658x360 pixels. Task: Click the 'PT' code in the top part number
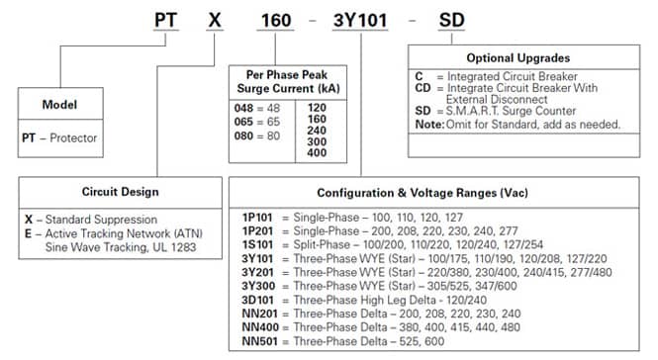point(166,20)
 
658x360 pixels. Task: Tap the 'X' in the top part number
point(215,20)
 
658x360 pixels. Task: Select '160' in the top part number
point(276,20)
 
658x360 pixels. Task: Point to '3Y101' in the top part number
point(360,20)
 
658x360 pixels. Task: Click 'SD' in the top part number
point(451,20)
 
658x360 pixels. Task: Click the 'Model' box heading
point(59,105)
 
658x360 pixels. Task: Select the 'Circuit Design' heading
point(121,192)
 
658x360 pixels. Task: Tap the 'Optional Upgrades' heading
point(518,58)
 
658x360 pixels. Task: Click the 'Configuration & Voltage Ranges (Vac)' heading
point(423,193)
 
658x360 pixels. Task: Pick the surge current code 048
point(243,108)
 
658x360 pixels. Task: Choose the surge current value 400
point(317,152)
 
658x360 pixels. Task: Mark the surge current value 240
point(317,131)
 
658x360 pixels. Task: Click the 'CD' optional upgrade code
point(423,88)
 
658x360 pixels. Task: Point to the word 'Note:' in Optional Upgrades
point(429,125)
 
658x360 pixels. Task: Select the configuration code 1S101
point(257,244)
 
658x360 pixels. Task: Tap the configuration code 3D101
point(257,300)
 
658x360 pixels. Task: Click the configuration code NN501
point(260,341)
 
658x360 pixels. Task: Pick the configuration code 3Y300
point(258,286)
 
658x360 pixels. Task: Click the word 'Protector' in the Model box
point(73,138)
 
